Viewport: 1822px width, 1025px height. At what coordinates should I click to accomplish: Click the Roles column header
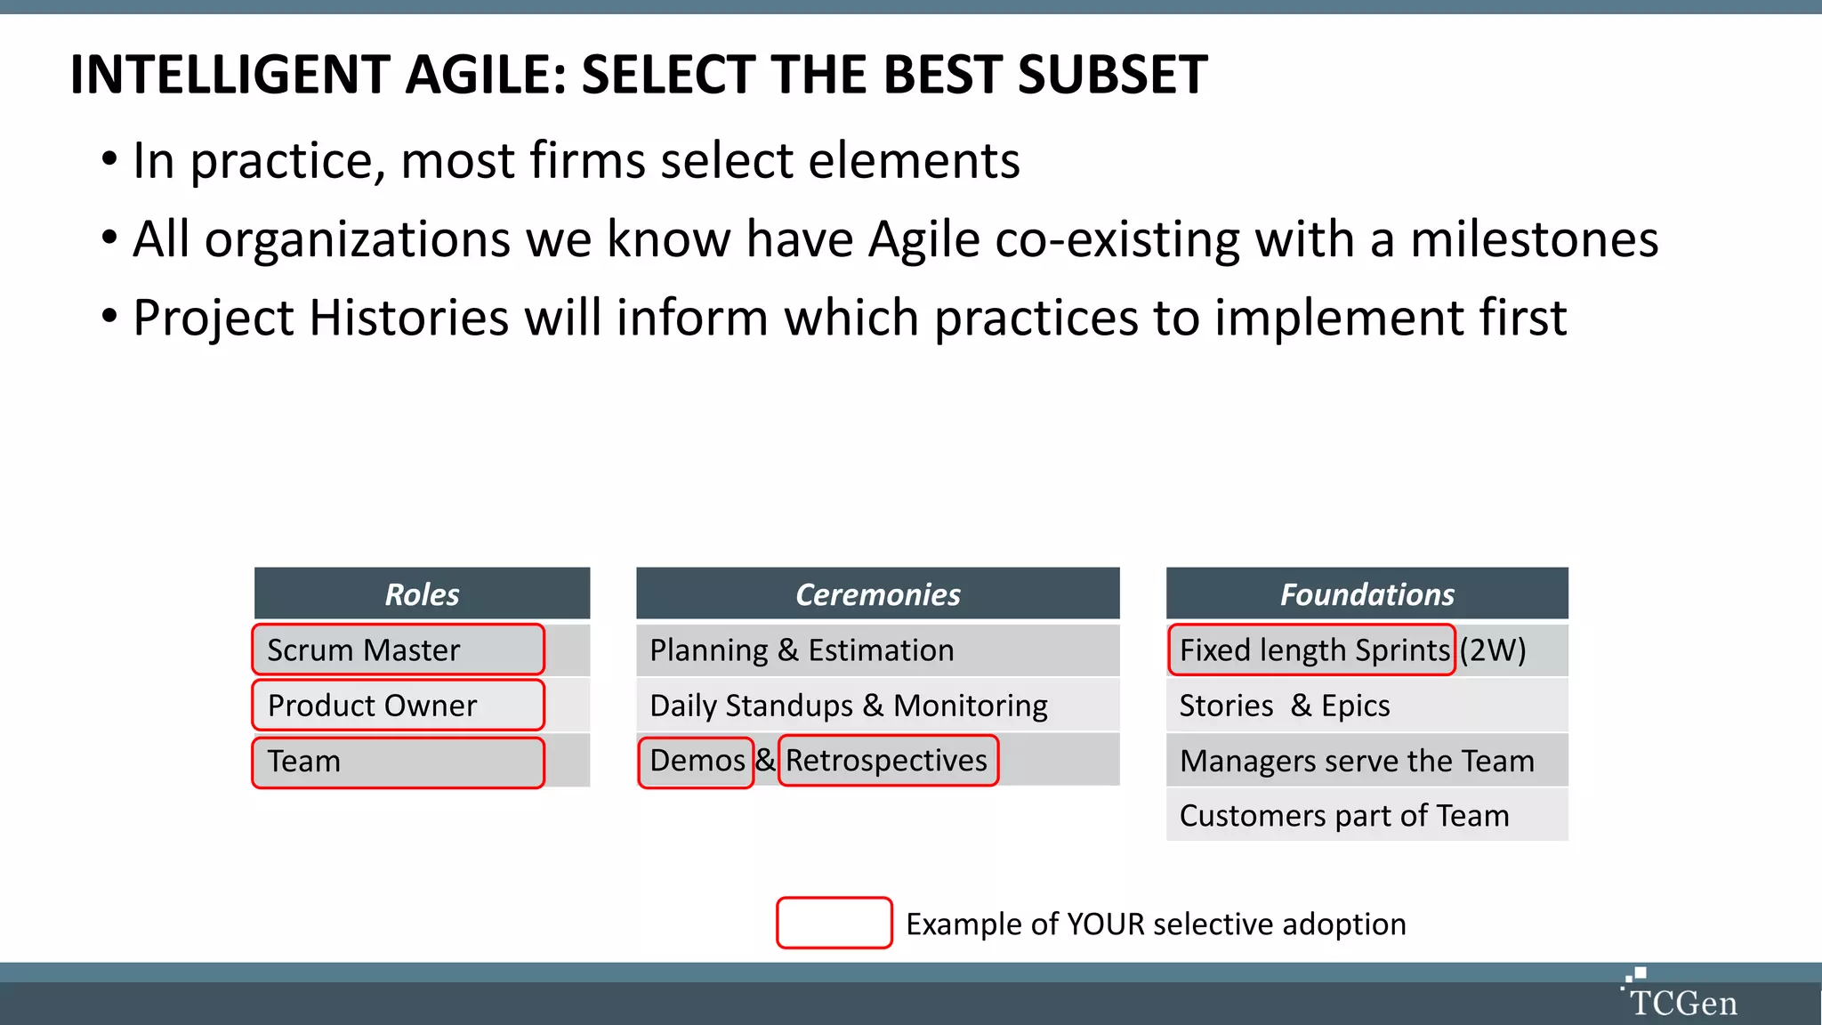pyautogui.click(x=422, y=593)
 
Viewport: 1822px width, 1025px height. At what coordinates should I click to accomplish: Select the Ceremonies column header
pyautogui.click(x=877, y=593)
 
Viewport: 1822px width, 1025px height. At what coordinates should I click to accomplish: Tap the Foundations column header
pyautogui.click(x=1366, y=593)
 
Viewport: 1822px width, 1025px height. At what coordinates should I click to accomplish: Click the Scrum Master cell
pyautogui.click(x=398, y=650)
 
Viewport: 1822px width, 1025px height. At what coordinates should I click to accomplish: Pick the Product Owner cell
pyautogui.click(x=398, y=706)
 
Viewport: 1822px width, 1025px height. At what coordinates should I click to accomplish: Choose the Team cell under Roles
pyautogui.click(x=398, y=762)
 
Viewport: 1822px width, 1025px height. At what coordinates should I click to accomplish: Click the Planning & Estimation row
pyautogui.click(x=877, y=650)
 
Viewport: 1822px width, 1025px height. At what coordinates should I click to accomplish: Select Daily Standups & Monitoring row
pyautogui.click(x=877, y=706)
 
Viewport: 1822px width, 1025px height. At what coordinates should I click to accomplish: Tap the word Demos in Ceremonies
pyautogui.click(x=697, y=761)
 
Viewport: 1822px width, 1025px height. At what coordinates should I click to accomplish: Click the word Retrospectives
pyautogui.click(x=886, y=761)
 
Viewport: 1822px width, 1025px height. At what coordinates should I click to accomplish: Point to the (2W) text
pyautogui.click(x=1493, y=650)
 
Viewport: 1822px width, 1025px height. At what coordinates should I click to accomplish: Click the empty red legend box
pyautogui.click(x=834, y=923)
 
